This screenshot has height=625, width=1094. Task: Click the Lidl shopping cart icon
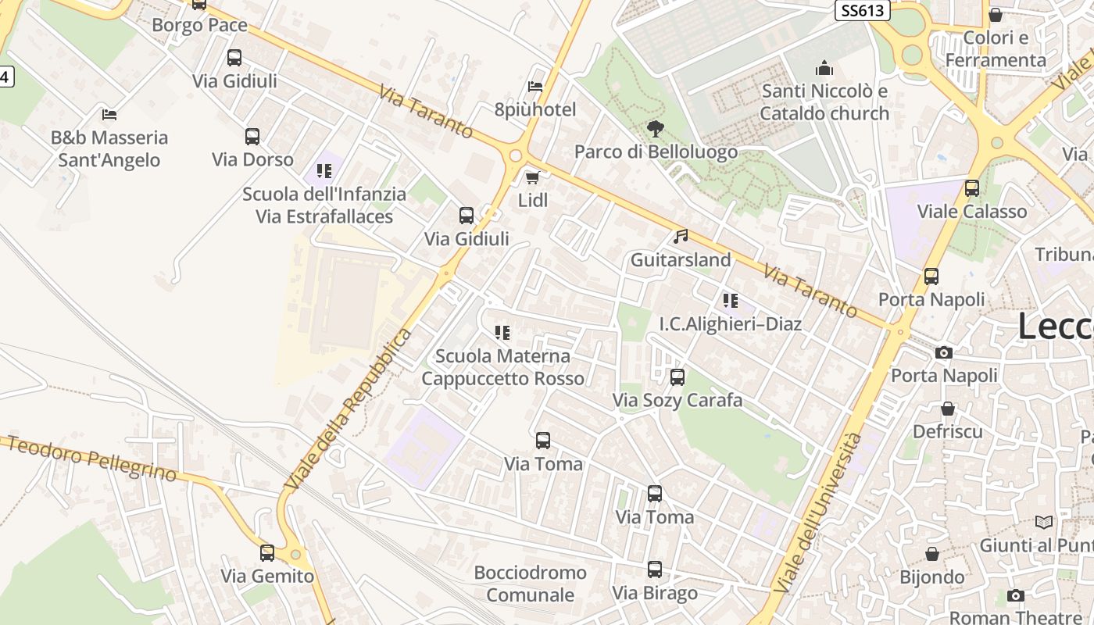pos(533,177)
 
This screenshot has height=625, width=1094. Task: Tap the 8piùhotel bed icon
pos(535,86)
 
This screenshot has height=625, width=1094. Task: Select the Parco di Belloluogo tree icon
pos(656,128)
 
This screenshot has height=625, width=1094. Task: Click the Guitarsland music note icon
pos(681,236)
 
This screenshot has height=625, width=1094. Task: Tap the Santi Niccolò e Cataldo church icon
pos(824,69)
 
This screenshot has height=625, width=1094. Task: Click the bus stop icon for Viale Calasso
pos(972,188)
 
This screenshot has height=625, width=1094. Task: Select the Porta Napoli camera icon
pos(944,352)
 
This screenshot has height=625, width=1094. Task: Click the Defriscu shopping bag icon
pos(948,409)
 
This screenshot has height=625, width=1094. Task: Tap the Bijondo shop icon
pos(932,554)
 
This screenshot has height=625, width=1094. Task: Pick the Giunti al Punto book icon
pos(1044,522)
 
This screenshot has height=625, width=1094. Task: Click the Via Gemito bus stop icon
pos(267,553)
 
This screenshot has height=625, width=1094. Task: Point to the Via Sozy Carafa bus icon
pos(677,377)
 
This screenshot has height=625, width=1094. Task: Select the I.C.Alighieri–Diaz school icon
pos(731,300)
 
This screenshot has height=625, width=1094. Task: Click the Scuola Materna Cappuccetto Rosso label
pos(502,367)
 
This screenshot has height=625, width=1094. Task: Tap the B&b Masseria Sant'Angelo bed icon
pos(109,114)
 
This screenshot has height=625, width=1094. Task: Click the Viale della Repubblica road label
pos(349,410)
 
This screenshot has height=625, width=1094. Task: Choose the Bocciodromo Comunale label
pos(530,584)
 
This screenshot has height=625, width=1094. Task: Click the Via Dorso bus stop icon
pos(252,137)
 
